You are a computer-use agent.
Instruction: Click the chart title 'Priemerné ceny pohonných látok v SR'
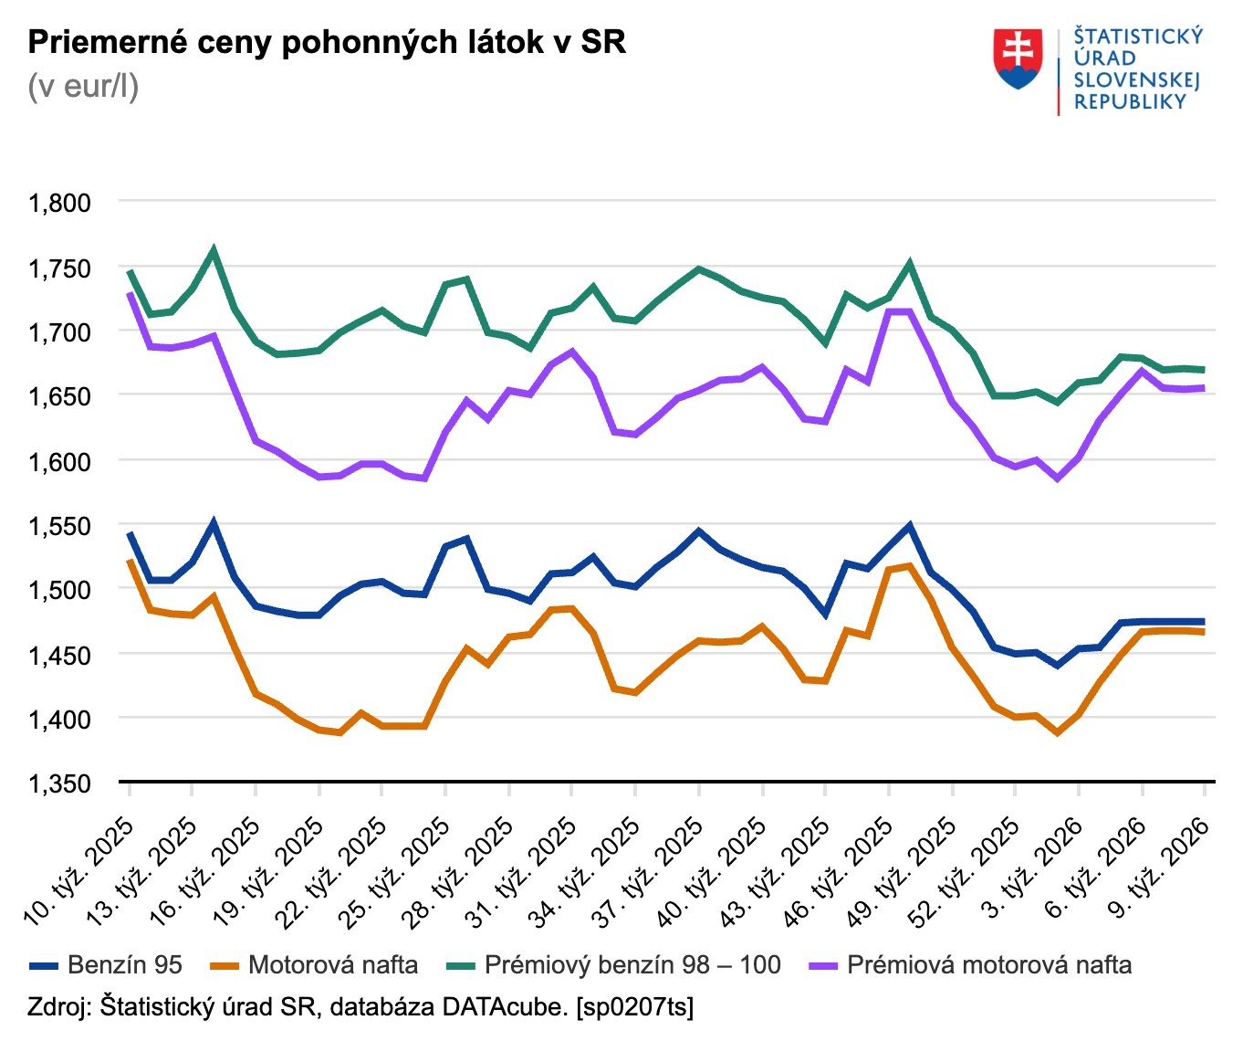tap(327, 43)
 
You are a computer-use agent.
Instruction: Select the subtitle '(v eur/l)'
tap(83, 87)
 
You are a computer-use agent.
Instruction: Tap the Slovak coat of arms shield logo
tap(1018, 59)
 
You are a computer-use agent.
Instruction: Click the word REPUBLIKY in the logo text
tap(1130, 102)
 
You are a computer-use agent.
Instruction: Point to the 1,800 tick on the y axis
tap(60, 203)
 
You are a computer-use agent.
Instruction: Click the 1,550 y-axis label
tap(60, 526)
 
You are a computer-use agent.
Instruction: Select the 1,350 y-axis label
tap(60, 783)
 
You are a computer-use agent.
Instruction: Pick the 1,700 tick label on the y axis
tap(60, 332)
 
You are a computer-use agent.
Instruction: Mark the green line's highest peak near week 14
tap(214, 250)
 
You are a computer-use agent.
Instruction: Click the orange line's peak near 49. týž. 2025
tap(909, 566)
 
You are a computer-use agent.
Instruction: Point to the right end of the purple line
tap(1204, 388)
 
